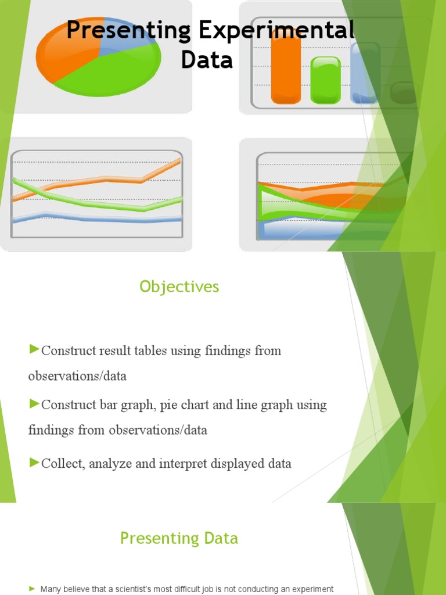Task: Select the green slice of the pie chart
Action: (x=110, y=70)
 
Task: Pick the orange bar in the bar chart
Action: (x=286, y=70)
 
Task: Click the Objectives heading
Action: (x=179, y=286)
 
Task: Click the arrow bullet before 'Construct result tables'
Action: (x=34, y=349)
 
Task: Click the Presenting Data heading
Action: (x=179, y=538)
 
